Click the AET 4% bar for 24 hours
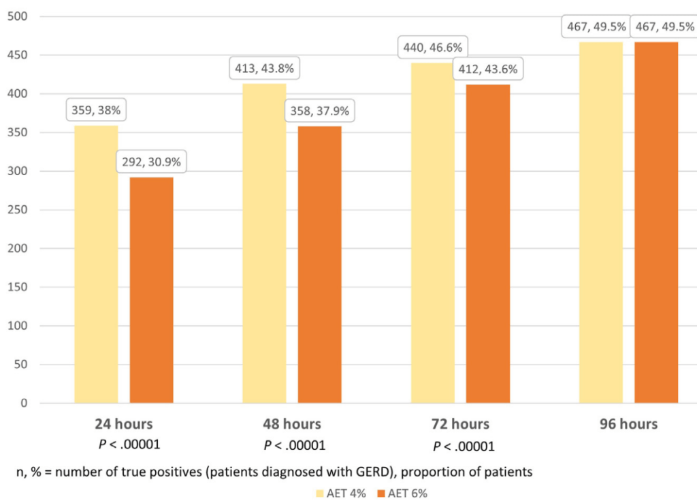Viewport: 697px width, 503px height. click(x=96, y=264)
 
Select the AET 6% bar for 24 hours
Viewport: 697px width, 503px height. click(x=151, y=290)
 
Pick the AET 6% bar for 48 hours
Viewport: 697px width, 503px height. click(x=319, y=264)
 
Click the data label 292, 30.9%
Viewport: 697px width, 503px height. click(x=150, y=162)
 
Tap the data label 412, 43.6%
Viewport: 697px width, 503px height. click(x=488, y=69)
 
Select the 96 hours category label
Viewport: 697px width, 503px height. click(x=628, y=424)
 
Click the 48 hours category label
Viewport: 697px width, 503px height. click(x=292, y=424)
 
